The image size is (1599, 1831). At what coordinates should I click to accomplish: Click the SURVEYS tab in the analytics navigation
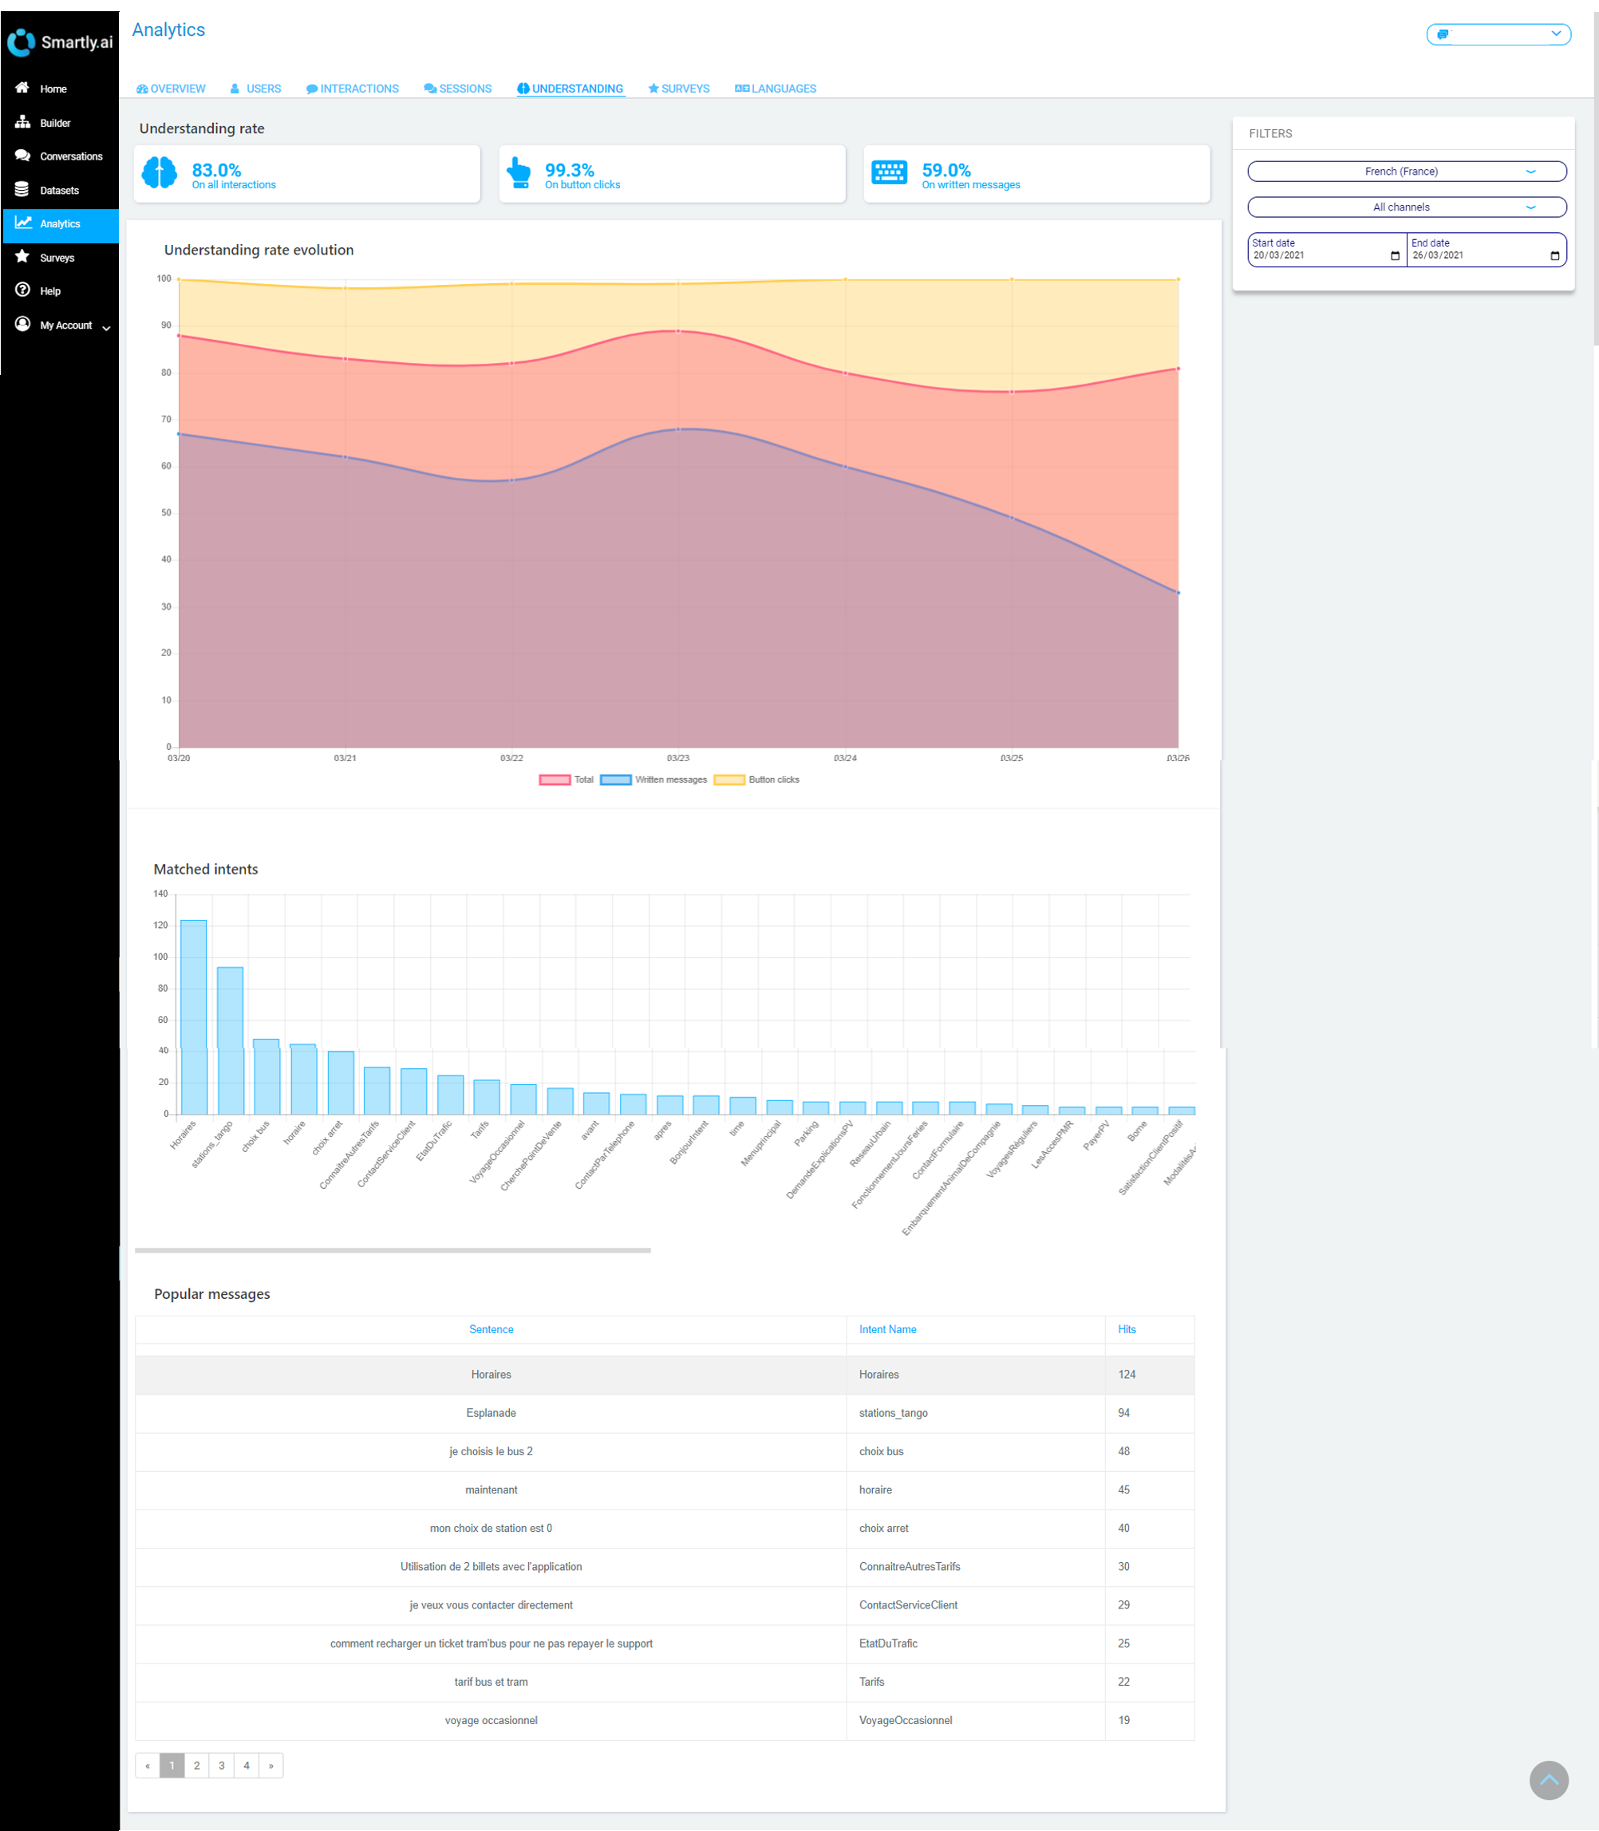679,89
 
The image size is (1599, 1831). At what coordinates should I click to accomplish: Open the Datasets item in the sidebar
59,190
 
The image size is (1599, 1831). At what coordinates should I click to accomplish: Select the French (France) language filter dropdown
1406,172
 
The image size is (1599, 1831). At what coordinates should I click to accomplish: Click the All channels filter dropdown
1406,207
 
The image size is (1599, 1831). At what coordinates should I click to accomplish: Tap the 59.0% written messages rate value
946,169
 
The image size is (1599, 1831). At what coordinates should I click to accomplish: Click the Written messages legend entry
655,780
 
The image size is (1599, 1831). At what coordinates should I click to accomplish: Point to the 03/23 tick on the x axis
678,758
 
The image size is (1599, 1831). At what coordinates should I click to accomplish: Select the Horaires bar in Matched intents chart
194,1017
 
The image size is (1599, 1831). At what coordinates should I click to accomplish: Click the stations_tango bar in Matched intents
231,1040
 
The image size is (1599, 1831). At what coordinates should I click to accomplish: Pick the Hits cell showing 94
1123,1412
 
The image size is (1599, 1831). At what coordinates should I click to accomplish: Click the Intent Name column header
887,1329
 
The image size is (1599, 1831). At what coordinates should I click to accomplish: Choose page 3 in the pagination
221,1765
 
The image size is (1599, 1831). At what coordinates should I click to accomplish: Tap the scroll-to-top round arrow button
1548,1780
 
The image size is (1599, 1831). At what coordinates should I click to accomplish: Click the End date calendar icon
1554,256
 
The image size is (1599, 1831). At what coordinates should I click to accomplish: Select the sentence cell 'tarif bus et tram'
491,1682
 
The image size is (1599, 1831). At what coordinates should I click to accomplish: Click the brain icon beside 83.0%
160,172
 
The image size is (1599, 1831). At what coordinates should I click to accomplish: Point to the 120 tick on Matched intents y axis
160,925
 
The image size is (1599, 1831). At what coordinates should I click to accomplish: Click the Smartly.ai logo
60,42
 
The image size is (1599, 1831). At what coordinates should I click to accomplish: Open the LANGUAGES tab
776,89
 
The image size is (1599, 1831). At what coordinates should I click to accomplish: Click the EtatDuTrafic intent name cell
888,1644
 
